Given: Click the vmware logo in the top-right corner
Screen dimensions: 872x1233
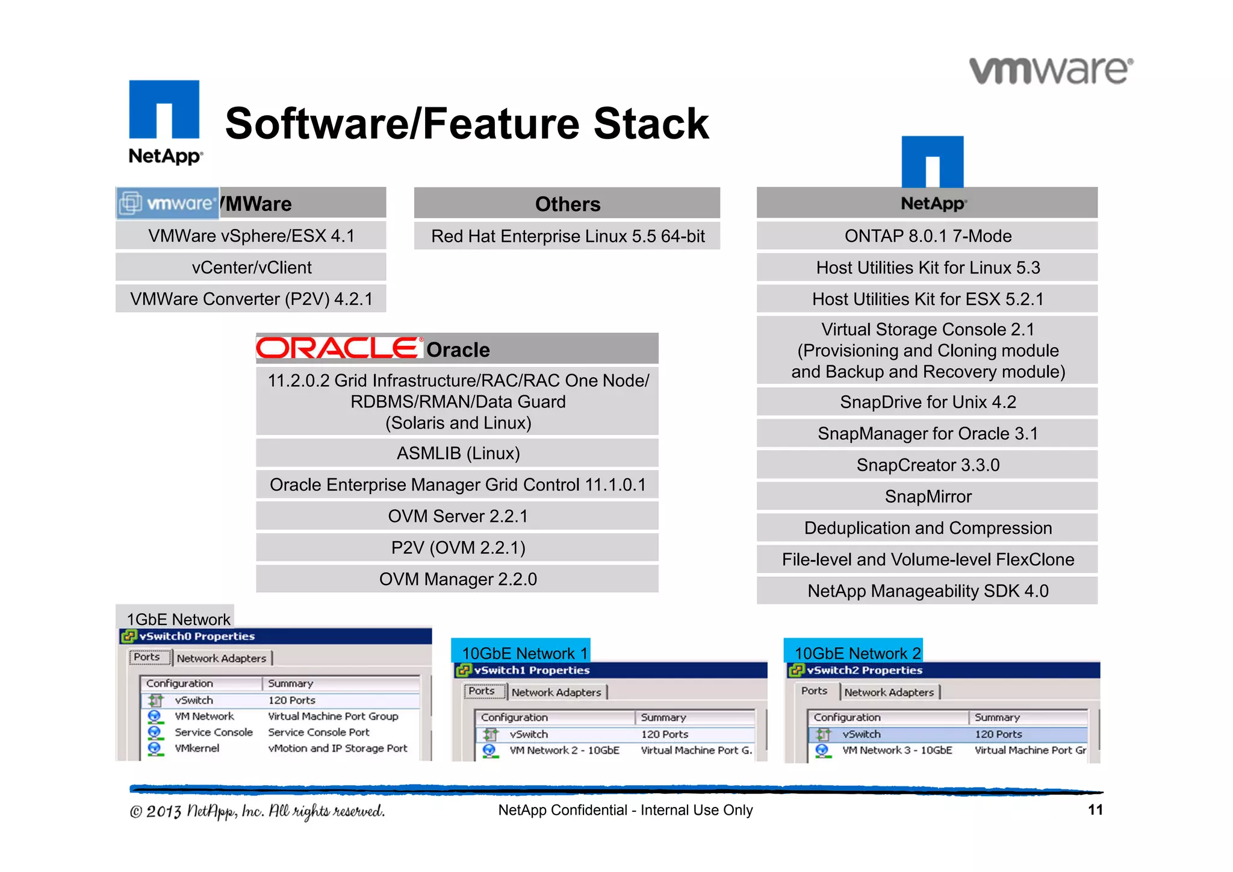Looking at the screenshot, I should (1051, 71).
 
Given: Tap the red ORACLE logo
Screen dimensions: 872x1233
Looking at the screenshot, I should (339, 348).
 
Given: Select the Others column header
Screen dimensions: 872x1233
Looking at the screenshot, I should (567, 204).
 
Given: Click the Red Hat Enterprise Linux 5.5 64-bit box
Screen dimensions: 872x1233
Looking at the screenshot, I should (567, 236).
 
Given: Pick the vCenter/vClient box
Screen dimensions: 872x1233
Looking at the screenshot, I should (251, 267).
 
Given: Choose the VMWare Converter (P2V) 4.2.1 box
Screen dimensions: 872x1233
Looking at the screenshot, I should (251, 299).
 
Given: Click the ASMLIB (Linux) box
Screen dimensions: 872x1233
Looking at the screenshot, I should (458, 453).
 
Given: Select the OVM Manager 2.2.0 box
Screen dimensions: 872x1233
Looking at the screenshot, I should (458, 579).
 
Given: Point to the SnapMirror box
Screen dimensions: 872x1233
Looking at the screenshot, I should (927, 496).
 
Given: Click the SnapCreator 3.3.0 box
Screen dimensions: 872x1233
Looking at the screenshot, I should (927, 465).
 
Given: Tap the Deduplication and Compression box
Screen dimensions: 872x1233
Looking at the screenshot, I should (927, 528).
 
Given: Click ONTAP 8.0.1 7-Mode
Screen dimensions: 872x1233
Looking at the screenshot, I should (927, 236).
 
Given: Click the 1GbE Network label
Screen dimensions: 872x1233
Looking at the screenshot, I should (178, 619).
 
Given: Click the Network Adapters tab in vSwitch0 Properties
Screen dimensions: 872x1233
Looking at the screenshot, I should (221, 658).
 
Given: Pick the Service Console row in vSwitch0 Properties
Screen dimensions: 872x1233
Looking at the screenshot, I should (213, 732).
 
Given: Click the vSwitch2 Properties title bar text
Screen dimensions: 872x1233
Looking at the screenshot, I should (865, 670).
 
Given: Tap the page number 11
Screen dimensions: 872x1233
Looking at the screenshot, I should (1095, 809).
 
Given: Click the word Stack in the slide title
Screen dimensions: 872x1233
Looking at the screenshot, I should (651, 124).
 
